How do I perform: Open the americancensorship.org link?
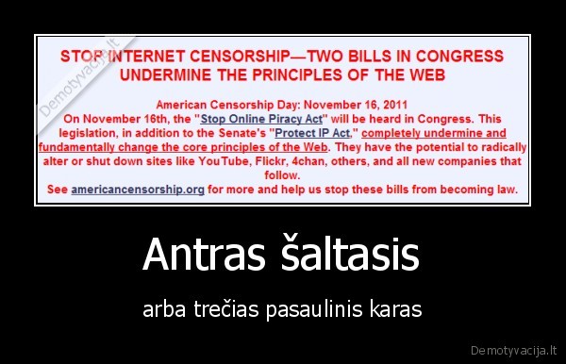click(x=138, y=189)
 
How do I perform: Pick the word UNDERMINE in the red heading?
click(x=173, y=73)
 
